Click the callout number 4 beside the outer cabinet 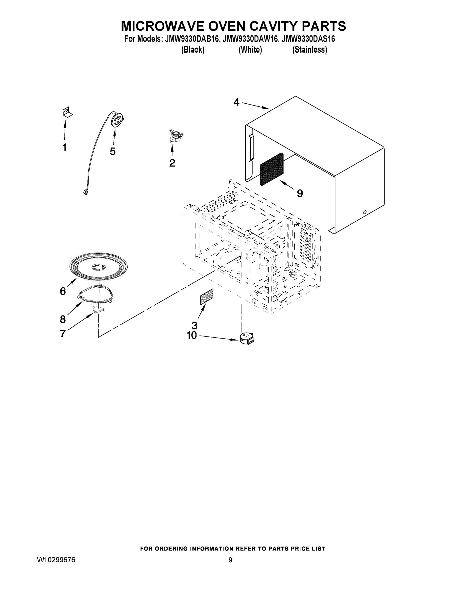click(x=236, y=102)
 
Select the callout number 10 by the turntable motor click(x=192, y=335)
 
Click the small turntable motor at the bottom click(x=246, y=339)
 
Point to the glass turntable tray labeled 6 click(x=98, y=266)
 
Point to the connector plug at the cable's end click(x=86, y=192)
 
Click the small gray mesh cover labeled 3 click(x=207, y=297)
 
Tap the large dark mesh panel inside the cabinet click(x=272, y=169)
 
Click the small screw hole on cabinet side click(x=365, y=212)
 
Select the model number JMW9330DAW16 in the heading click(x=250, y=39)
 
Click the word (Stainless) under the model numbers click(x=310, y=50)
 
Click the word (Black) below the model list click(x=193, y=50)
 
